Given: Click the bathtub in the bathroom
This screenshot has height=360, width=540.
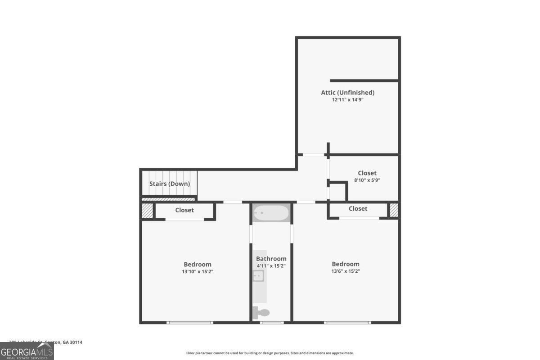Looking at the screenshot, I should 271,213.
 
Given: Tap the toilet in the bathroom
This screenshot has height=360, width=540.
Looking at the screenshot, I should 262,313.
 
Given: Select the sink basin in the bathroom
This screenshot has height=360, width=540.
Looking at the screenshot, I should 258,276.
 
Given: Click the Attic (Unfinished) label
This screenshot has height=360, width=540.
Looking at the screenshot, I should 347,93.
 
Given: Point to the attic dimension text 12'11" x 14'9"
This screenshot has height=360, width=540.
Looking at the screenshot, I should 347,100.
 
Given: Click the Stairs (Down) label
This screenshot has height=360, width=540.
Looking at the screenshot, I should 170,184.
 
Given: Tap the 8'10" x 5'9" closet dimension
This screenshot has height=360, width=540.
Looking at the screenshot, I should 367,180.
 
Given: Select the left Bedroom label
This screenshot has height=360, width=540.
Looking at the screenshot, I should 197,264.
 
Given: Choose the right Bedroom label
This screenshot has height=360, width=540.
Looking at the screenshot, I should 346,264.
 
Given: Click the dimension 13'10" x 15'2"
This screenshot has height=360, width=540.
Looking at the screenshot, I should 197,271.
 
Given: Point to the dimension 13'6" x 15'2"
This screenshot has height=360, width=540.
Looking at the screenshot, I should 346,271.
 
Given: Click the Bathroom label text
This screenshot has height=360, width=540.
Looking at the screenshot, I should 271,259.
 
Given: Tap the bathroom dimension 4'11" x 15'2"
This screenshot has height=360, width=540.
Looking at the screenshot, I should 271,266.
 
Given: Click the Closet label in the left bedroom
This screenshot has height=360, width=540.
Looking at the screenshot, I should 184,210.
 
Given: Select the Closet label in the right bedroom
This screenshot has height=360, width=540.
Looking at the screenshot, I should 358,209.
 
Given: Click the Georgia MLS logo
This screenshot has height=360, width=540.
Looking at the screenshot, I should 27,351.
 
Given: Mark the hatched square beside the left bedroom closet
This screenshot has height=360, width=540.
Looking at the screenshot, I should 147,210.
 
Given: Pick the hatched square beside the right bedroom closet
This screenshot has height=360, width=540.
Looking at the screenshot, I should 394,210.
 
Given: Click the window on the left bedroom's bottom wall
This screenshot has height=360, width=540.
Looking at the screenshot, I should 189,322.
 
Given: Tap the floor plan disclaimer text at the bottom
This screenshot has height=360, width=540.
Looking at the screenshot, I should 270,353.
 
